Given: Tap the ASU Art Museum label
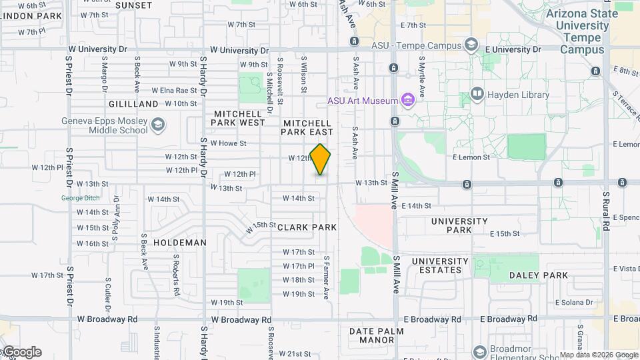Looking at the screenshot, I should point(363,101).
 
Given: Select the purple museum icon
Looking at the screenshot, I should point(409,101).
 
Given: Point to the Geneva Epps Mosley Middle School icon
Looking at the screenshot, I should point(158,125).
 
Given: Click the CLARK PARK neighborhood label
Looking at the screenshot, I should point(307,227).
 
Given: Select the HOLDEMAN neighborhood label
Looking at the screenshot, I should point(179,243).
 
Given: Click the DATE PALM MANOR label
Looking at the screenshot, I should point(372,335).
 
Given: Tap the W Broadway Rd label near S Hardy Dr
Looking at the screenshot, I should point(241,319).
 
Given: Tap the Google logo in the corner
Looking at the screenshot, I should point(21,352).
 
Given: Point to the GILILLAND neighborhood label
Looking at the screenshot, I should point(133,104).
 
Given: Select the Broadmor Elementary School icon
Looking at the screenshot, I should point(479,351).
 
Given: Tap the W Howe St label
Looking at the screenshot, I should point(228,143).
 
